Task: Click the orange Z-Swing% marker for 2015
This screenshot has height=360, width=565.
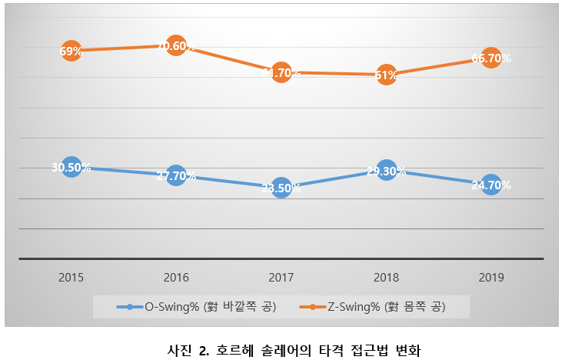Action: pyautogui.click(x=71, y=52)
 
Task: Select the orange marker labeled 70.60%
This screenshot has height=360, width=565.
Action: pyautogui.click(x=176, y=46)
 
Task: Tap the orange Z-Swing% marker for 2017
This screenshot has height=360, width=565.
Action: pyautogui.click(x=281, y=73)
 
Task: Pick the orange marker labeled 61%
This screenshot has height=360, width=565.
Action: pyautogui.click(x=387, y=75)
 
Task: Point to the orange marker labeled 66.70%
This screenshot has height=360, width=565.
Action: pyautogui.click(x=491, y=58)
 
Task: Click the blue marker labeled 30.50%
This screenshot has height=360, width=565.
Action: pyautogui.click(x=71, y=167)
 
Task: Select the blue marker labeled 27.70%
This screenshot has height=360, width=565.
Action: pyautogui.click(x=176, y=175)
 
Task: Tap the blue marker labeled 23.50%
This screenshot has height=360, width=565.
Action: pyautogui.click(x=281, y=188)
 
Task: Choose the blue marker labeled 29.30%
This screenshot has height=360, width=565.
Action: pyautogui.click(x=387, y=171)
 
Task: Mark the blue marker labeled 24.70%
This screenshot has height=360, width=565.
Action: pyautogui.click(x=491, y=185)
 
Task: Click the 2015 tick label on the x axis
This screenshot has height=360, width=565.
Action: pyautogui.click(x=71, y=277)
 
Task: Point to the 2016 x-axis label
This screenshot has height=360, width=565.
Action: pyautogui.click(x=176, y=277)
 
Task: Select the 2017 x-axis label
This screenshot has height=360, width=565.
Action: pyautogui.click(x=281, y=277)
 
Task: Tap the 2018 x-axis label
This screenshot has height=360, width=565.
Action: pyautogui.click(x=387, y=277)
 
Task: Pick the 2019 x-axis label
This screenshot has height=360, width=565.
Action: pyautogui.click(x=491, y=277)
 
